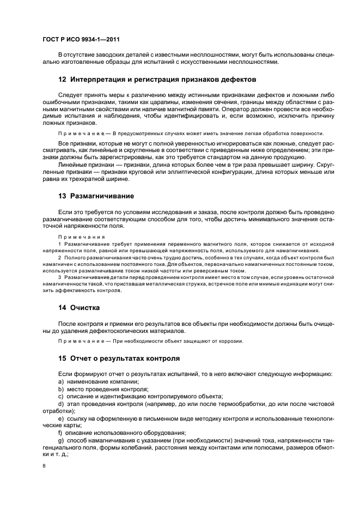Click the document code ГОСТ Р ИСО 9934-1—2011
click(x=81, y=39)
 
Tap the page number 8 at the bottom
click(x=44, y=465)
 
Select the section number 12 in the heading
click(x=62, y=79)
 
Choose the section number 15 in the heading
click(x=62, y=359)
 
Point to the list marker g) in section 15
click(x=60, y=439)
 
